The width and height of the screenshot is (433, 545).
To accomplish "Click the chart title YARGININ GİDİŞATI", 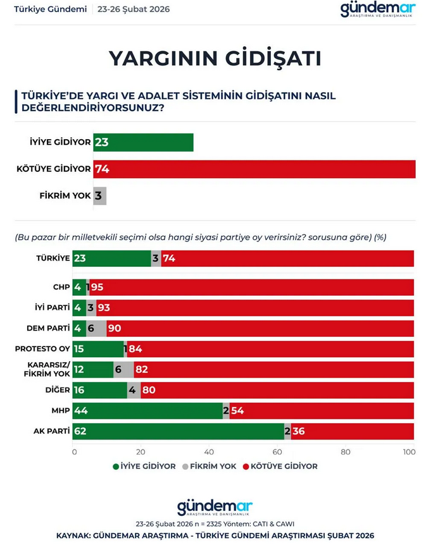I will click(215, 58).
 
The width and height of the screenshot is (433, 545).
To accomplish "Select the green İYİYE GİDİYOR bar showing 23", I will click(143, 142).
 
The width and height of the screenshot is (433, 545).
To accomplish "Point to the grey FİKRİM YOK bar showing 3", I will click(99, 195).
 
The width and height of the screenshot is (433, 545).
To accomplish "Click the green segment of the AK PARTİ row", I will click(179, 431).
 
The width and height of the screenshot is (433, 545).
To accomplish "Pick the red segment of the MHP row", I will click(322, 411).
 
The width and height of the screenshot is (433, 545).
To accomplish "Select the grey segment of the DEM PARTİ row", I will click(97, 329).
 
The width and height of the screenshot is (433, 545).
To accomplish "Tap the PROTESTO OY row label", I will click(42, 349).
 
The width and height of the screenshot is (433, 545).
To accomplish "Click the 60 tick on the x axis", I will click(278, 452).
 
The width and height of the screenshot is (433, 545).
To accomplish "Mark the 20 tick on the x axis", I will click(142, 452).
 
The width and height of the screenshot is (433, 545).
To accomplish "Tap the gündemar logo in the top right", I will click(377, 9).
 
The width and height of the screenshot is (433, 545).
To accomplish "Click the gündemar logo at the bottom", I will click(215, 508).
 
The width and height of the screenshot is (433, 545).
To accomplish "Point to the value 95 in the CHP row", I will click(97, 288).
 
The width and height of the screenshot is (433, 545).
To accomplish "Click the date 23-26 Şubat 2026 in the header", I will click(134, 10).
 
